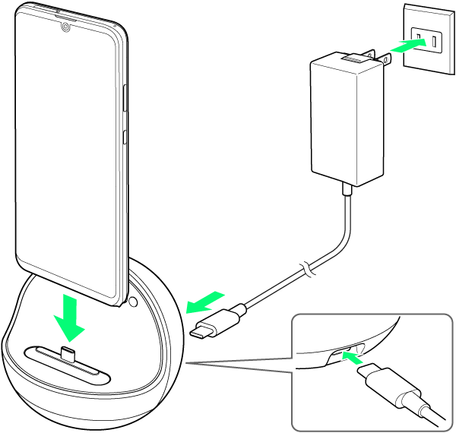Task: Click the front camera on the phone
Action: click(67, 28)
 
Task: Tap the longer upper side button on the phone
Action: click(124, 96)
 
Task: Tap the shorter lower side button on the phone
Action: click(125, 139)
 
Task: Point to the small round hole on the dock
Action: click(134, 302)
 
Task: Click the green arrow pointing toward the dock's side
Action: click(205, 302)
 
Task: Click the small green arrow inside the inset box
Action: click(353, 356)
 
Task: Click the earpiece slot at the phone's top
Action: click(67, 16)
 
